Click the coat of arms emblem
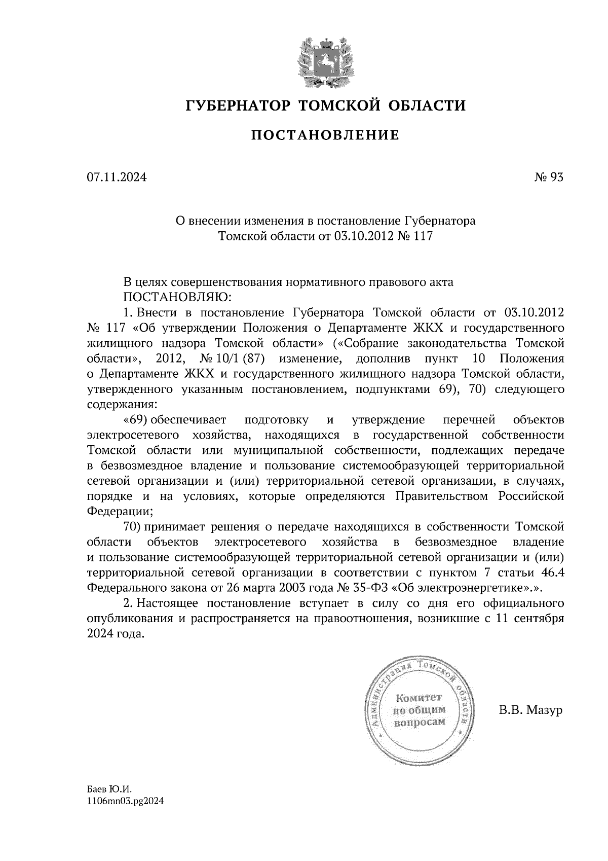coord(324,60)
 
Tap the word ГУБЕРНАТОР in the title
coord(239,105)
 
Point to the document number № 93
coord(549,177)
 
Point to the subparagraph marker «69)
coord(135,420)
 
